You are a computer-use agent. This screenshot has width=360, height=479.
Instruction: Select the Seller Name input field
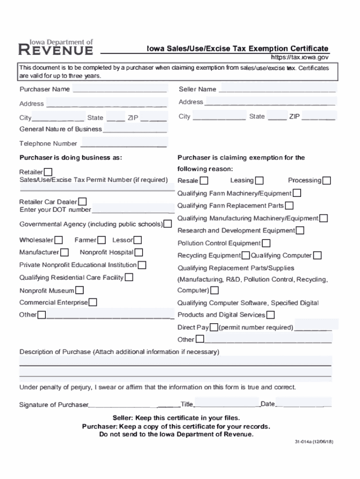click(277, 89)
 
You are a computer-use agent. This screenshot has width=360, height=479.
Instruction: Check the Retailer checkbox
click(48, 172)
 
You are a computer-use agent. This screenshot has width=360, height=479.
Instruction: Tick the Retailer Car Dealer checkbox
click(82, 202)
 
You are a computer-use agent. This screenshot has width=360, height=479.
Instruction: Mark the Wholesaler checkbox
click(59, 240)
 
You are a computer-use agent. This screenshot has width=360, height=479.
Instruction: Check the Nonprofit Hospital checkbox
click(139, 253)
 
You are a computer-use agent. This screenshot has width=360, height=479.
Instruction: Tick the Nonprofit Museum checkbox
click(80, 290)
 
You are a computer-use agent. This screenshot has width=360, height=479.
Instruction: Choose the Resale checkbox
click(204, 181)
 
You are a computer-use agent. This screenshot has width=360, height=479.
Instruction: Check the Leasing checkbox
click(259, 181)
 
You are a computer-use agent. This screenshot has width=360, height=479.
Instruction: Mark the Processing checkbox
click(327, 181)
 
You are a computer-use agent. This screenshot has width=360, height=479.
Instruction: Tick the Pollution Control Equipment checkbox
click(266, 243)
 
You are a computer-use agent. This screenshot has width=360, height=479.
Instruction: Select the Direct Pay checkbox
click(214, 327)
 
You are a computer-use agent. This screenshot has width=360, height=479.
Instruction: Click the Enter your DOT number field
click(133, 209)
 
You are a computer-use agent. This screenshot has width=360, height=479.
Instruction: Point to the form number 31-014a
click(313, 442)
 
